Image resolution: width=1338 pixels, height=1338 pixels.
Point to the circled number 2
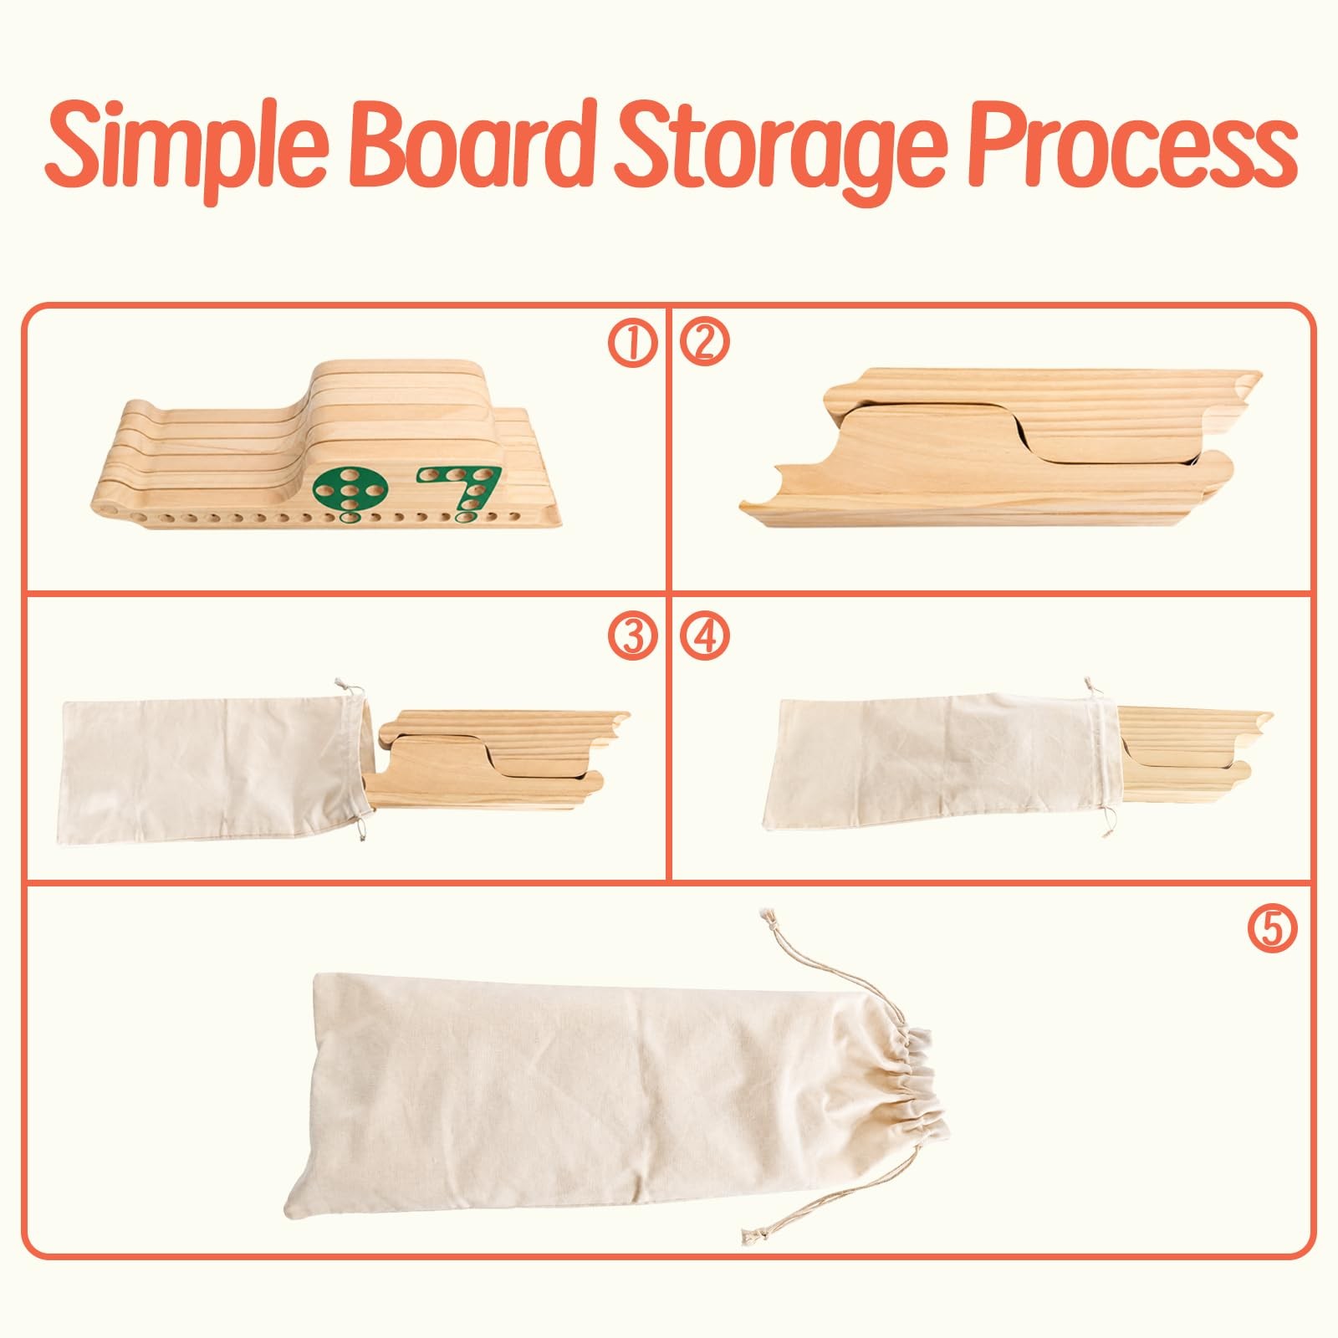[705, 344]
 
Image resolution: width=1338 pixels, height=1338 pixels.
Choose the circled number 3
[632, 637]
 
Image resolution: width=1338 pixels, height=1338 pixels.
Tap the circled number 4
[705, 637]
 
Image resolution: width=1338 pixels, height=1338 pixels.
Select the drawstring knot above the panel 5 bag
[764, 919]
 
